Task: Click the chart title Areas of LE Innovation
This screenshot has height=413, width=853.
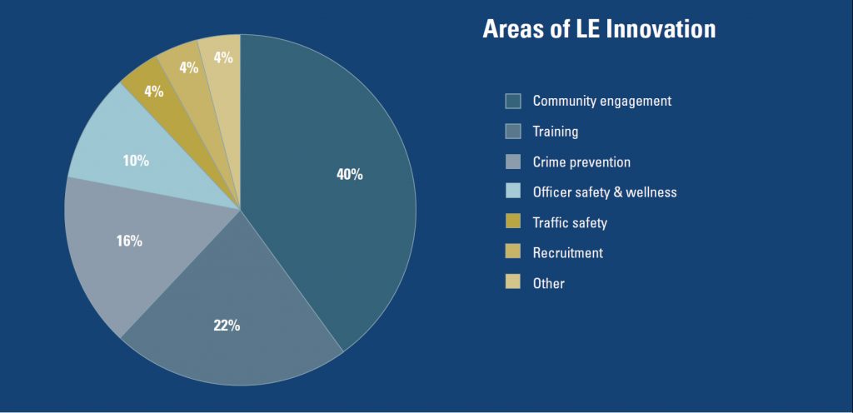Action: coord(599,29)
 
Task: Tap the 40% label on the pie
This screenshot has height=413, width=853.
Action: coord(350,175)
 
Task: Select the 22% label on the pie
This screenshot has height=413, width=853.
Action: coord(227,326)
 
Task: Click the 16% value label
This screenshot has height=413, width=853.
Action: coord(129,241)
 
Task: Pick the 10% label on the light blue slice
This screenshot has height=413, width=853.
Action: coord(136,161)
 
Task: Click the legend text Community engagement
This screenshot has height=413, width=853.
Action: coord(601,102)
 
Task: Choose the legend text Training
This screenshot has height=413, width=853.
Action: coord(556,132)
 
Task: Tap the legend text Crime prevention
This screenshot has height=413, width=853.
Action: coord(581,162)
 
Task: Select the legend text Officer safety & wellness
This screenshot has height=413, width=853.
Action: coord(605,192)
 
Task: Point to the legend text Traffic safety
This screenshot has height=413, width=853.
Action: coord(570,222)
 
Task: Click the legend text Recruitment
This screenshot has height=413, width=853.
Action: coord(567,253)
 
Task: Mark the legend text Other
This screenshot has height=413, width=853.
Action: coord(548,283)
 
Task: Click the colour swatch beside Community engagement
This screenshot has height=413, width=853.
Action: coord(513,102)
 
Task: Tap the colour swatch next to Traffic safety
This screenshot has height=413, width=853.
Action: coord(513,222)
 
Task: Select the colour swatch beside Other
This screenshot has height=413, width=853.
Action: coord(513,283)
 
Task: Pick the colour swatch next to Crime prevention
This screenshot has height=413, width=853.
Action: coord(513,162)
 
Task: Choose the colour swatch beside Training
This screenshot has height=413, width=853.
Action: coord(513,132)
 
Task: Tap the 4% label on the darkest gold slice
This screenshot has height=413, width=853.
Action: coord(153,92)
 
